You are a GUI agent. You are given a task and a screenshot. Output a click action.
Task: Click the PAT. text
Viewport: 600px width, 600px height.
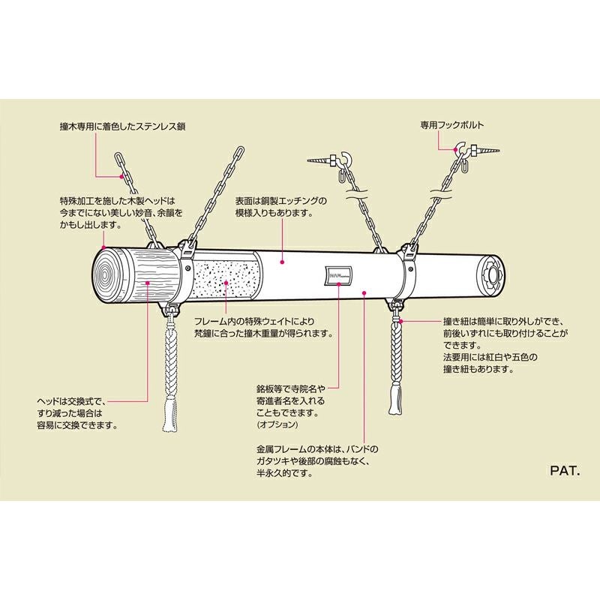tap(563, 473)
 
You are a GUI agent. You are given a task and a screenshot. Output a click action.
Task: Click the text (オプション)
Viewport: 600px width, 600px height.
tap(277, 424)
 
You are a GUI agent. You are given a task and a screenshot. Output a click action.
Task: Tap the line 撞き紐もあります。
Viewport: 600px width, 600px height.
tap(478, 369)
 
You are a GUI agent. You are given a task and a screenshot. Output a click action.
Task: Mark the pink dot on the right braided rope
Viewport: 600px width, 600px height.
tap(402, 320)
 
